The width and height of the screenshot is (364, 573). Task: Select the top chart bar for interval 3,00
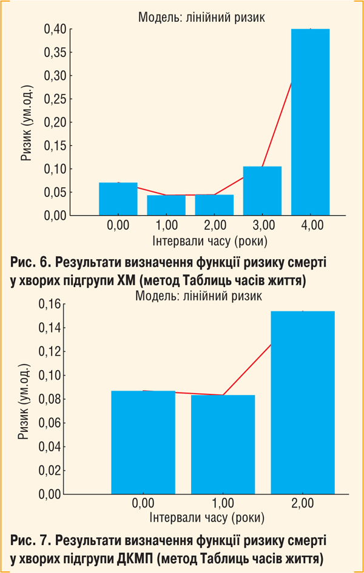tap(262, 191)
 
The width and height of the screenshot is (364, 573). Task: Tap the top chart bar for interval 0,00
tap(118, 199)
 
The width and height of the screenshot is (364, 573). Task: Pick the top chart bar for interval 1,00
tap(166, 205)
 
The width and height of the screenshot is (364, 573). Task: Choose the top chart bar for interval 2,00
tap(214, 205)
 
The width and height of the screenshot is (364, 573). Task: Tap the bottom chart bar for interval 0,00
tap(143, 442)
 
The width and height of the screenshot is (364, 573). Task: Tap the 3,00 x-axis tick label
tap(262, 226)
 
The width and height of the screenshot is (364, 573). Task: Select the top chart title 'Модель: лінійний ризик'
tap(201, 18)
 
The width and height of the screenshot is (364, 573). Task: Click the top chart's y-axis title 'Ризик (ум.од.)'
tap(26, 122)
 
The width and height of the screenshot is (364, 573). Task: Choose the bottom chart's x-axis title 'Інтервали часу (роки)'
tap(206, 518)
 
